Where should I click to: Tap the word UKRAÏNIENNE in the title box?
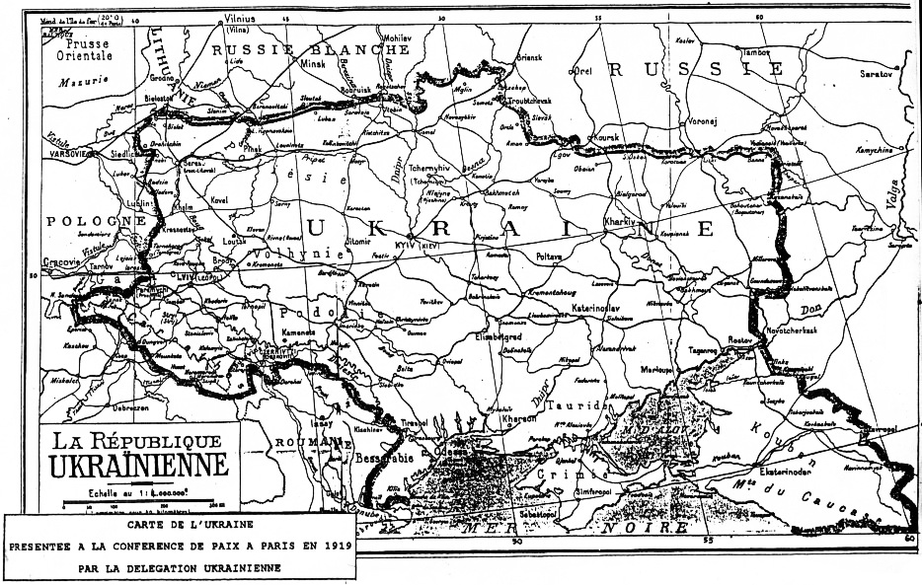(133, 464)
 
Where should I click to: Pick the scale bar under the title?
(133, 503)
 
